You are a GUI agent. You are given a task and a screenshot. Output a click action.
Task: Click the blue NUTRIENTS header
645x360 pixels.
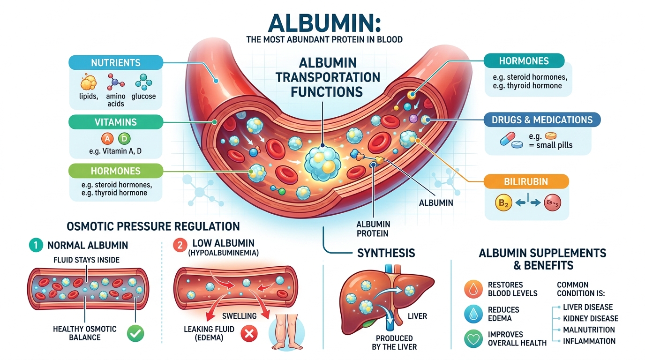pyautogui.click(x=116, y=62)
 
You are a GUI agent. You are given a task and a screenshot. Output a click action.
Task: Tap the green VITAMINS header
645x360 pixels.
pyautogui.click(x=116, y=122)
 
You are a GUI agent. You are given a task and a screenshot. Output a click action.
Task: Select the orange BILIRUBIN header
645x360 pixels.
pyautogui.click(x=526, y=181)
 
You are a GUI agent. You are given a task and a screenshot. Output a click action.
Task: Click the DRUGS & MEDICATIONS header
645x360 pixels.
pyautogui.click(x=542, y=120)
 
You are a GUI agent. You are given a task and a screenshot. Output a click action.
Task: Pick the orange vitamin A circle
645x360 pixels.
pyautogui.click(x=107, y=139)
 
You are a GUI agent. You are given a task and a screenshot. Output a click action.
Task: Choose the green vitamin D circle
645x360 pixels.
pyautogui.click(x=124, y=139)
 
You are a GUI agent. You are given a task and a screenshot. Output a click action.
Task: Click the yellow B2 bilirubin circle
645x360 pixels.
pyautogui.click(x=503, y=203)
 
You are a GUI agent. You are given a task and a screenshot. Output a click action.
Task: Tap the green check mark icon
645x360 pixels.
pyautogui.click(x=135, y=333)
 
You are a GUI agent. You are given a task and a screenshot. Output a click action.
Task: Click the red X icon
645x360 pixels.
pyautogui.click(x=249, y=334)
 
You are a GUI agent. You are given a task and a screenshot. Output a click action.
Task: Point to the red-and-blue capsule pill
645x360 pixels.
pyautogui.click(x=508, y=138)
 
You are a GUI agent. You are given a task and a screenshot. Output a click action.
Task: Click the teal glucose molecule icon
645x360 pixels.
pyautogui.click(x=144, y=82)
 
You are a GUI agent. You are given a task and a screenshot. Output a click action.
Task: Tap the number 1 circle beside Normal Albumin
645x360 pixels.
pyautogui.click(x=36, y=245)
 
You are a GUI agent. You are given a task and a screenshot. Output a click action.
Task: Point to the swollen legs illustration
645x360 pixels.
pyautogui.click(x=286, y=331)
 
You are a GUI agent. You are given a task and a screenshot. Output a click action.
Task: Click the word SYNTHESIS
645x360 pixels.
pyautogui.click(x=386, y=253)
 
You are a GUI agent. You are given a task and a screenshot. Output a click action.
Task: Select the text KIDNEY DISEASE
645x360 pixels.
pyautogui.click(x=591, y=318)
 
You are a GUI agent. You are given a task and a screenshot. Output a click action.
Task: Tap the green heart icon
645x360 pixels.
pyautogui.click(x=473, y=339)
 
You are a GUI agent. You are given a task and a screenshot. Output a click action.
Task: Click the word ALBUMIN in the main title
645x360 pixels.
pyautogui.click(x=325, y=23)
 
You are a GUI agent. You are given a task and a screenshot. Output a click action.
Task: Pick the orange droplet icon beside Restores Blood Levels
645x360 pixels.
pyautogui.click(x=473, y=289)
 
